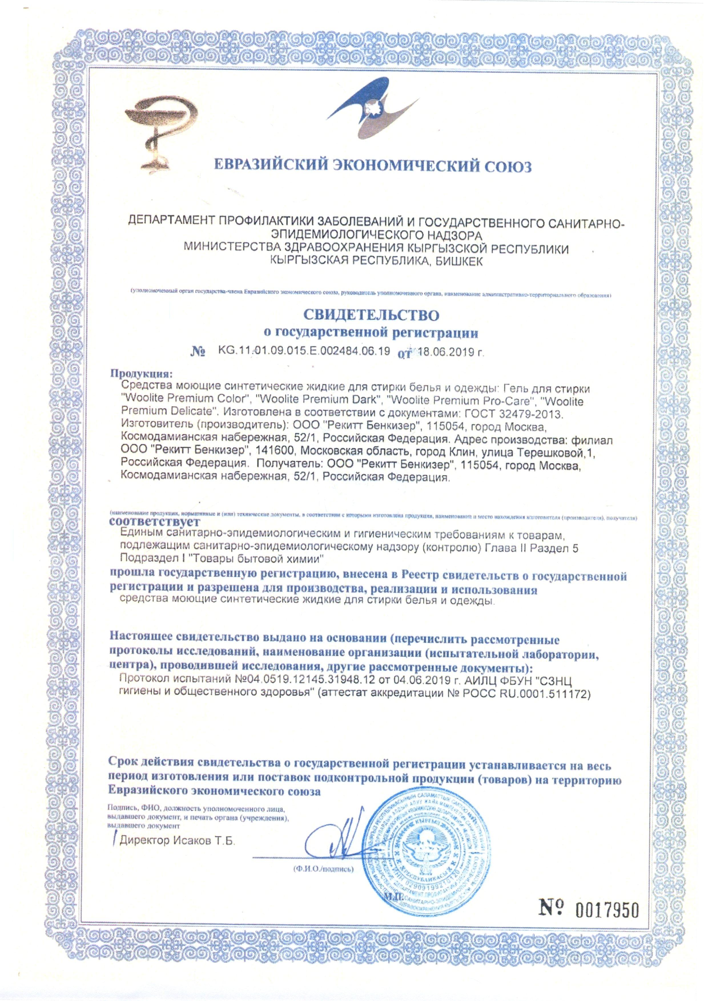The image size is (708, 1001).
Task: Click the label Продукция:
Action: (x=141, y=374)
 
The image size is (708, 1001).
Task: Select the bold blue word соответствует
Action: (x=155, y=522)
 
